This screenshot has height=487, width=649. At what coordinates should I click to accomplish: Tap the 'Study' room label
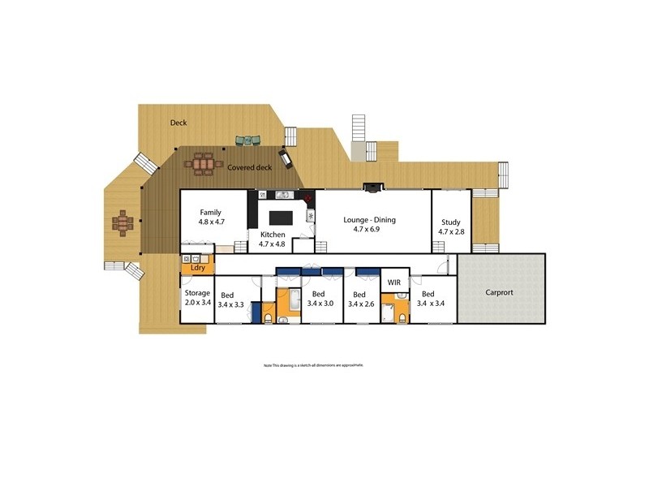[450, 222]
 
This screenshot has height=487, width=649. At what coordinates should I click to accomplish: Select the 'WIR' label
[394, 282]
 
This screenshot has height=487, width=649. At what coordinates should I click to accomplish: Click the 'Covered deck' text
[249, 167]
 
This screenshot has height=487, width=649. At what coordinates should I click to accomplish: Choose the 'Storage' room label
[197, 293]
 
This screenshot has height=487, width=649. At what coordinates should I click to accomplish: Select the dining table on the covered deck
[202, 165]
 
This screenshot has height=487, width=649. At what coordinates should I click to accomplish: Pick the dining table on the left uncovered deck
[122, 222]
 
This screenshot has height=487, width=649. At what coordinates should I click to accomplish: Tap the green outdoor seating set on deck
[247, 141]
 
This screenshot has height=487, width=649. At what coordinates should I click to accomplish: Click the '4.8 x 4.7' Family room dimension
[211, 222]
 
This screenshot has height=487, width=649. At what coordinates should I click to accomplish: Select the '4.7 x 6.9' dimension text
[366, 230]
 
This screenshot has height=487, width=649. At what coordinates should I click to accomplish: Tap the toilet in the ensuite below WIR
[401, 315]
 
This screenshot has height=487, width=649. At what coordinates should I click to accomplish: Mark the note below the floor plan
[313, 366]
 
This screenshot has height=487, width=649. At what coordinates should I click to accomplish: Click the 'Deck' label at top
[178, 123]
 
